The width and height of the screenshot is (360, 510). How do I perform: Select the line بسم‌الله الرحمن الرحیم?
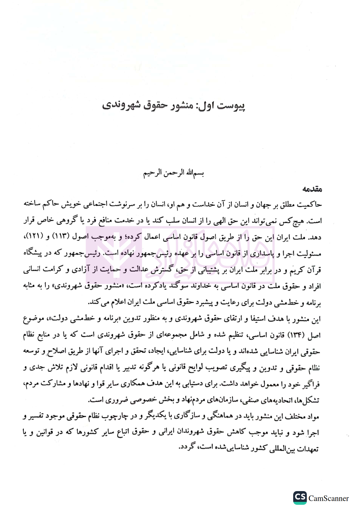[173, 173]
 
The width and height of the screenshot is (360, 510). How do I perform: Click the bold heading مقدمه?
[312, 189]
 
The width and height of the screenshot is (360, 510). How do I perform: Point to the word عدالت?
[139, 270]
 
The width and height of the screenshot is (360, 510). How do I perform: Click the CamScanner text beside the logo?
[329, 498]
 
